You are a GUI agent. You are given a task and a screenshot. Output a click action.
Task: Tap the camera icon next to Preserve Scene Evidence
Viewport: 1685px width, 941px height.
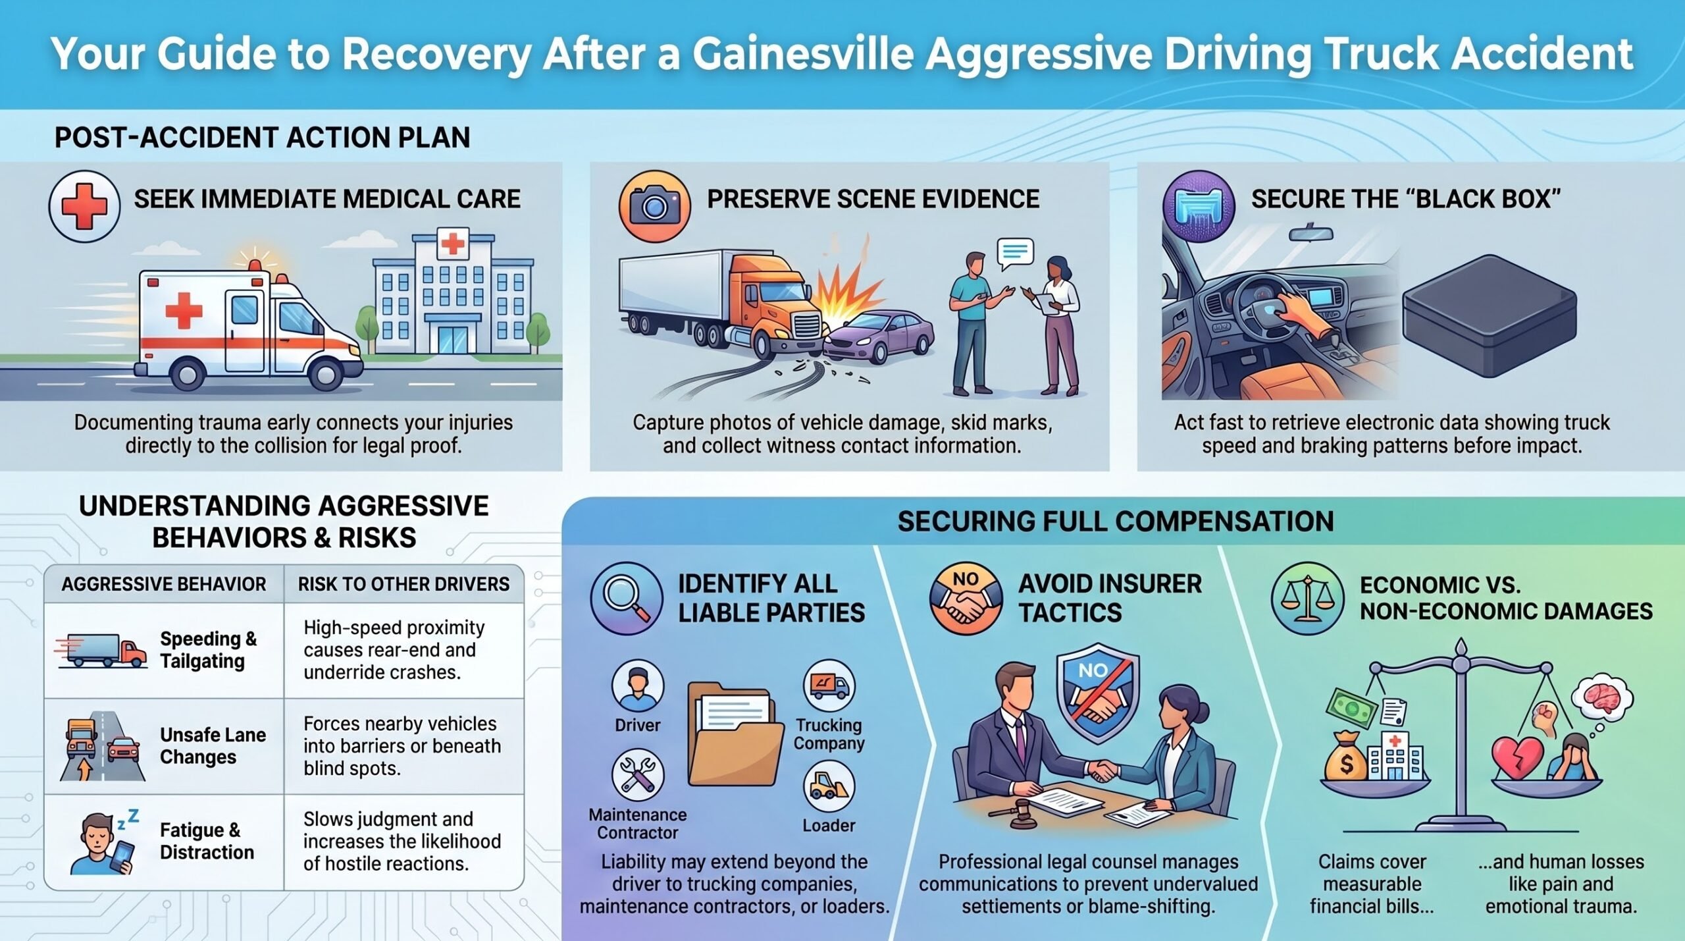[654, 205]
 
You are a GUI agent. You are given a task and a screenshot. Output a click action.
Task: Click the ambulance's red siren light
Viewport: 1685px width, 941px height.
[254, 265]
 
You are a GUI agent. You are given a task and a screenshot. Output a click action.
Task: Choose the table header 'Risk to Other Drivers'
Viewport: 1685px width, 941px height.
[403, 584]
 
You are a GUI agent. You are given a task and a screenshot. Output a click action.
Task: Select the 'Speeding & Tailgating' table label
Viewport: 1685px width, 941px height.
[208, 650]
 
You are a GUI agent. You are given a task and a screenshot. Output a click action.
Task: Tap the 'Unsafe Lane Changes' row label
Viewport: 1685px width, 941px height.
[213, 746]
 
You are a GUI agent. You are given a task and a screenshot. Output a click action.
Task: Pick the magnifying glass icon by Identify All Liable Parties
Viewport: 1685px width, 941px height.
[626, 598]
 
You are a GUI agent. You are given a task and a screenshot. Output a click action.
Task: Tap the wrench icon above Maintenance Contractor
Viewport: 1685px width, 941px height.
[637, 774]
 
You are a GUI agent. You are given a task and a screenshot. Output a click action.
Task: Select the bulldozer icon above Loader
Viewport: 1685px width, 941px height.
[829, 786]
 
